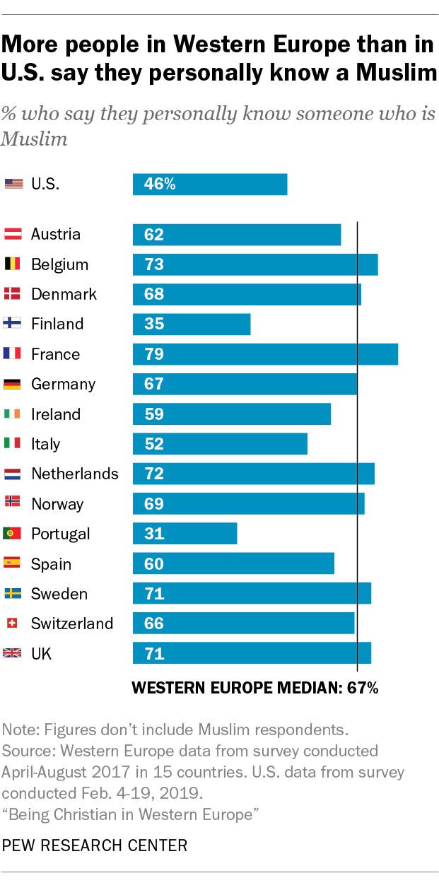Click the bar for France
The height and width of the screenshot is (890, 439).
click(x=265, y=353)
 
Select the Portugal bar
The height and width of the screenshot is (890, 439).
click(x=185, y=533)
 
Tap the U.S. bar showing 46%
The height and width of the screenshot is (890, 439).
click(x=210, y=184)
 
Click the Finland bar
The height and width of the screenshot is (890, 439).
click(x=192, y=324)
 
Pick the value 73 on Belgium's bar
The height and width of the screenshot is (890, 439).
click(x=154, y=264)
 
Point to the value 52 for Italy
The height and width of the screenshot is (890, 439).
click(x=154, y=444)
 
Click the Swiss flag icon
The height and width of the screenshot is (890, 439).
click(x=12, y=623)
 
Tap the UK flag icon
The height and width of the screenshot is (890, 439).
click(x=12, y=653)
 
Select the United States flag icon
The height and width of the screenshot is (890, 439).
click(x=13, y=184)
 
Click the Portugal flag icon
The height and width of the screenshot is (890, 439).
click(x=12, y=534)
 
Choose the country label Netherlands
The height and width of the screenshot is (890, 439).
click(x=75, y=474)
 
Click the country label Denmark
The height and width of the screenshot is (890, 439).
click(x=64, y=294)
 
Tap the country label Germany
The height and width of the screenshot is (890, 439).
click(x=63, y=384)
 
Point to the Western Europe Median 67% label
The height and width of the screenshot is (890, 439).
click(x=256, y=688)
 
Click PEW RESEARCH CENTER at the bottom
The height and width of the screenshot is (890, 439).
click(x=95, y=845)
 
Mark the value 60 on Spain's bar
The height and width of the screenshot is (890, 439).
click(x=154, y=563)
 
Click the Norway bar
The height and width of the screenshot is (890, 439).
click(x=248, y=503)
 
